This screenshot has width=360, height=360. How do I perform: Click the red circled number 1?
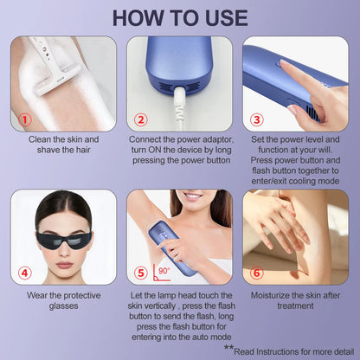click(x=25, y=119)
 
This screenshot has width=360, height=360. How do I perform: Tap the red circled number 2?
click(x=141, y=119)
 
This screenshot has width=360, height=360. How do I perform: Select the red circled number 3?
click(x=257, y=119)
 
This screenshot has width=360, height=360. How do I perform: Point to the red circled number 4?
click(x=25, y=273)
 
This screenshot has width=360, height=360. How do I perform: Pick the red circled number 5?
click(x=141, y=273)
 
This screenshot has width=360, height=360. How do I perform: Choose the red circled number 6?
click(x=257, y=273)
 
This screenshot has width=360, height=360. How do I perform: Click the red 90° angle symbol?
click(x=162, y=273)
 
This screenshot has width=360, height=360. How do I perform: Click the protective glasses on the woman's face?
click(x=64, y=240)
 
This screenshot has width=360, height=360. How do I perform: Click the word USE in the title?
click(x=227, y=18)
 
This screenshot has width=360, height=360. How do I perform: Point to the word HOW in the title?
click(x=137, y=18)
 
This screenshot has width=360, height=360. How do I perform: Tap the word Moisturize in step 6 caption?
click(x=271, y=295)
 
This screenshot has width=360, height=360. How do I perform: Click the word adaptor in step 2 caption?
click(x=218, y=139)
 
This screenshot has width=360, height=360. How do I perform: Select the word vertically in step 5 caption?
click(x=159, y=305)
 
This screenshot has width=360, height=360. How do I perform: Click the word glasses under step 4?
click(x=63, y=306)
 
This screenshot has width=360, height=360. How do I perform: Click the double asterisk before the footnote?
click(x=228, y=347)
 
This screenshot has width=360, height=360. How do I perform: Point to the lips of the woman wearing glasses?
click(x=65, y=265)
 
